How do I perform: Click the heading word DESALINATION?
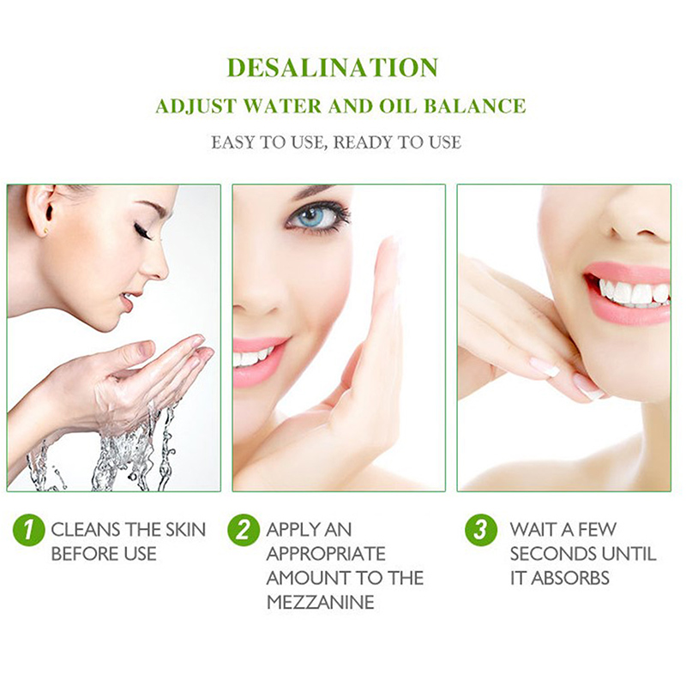(333, 68)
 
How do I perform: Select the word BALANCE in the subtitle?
(475, 106)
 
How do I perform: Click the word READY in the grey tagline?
(363, 142)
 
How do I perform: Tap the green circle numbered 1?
(29, 530)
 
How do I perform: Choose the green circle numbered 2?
(244, 530)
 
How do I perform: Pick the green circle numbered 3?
(481, 530)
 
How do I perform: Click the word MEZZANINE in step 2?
(320, 603)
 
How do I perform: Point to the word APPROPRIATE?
(326, 554)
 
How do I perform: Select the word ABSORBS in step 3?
(570, 578)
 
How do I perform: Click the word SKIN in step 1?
(185, 530)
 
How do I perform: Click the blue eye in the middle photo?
(311, 216)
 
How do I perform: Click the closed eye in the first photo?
(142, 231)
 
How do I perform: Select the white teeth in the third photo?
(631, 292)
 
